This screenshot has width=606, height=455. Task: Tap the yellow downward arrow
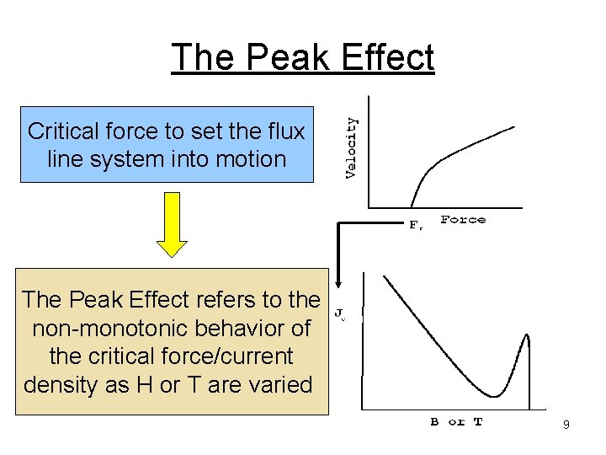tap(172, 223)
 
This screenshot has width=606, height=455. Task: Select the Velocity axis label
tap(352, 147)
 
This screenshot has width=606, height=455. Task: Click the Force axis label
tap(463, 220)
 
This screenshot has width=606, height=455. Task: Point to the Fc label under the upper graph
tap(416, 225)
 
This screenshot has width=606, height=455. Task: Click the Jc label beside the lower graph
tap(340, 313)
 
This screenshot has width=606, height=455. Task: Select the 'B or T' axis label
tap(456, 422)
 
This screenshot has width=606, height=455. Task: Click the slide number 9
tap(566, 426)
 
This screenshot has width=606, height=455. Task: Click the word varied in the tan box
tap(278, 385)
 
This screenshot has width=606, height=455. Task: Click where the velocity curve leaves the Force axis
tap(412, 206)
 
